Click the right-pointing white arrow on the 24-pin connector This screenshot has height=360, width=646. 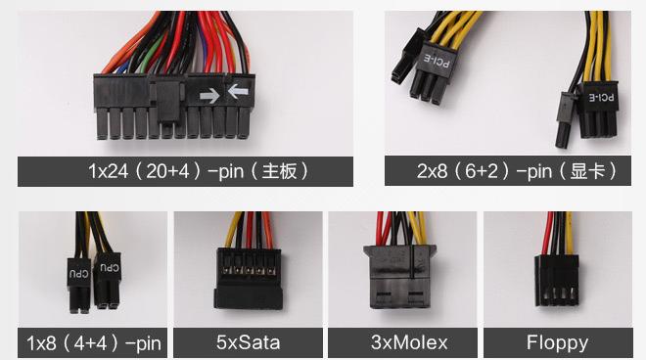pyautogui.click(x=209, y=95)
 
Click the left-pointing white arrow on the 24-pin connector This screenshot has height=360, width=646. pyautogui.click(x=237, y=94)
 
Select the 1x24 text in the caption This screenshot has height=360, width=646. pyautogui.click(x=107, y=171)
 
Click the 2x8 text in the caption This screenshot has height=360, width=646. pyautogui.click(x=435, y=171)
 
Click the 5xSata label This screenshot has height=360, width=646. pyautogui.click(x=248, y=342)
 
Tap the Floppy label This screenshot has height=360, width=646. pyautogui.click(x=557, y=342)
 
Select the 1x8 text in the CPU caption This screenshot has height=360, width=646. pyautogui.click(x=45, y=343)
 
